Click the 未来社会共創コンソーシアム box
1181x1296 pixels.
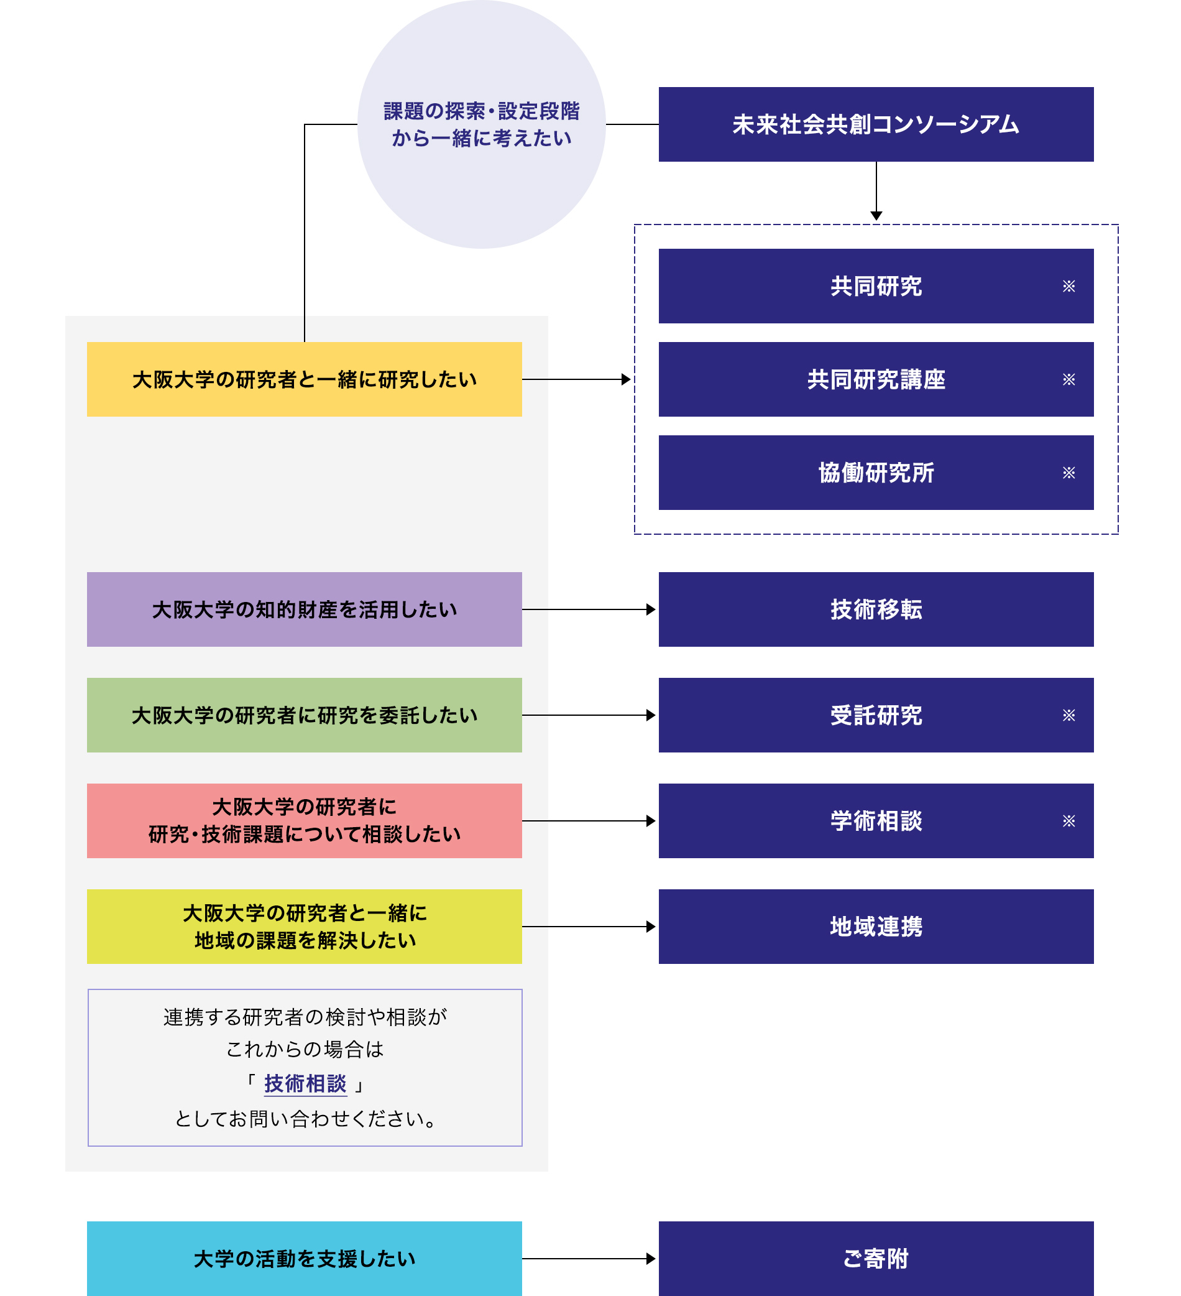click(875, 124)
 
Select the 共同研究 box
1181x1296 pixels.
click(875, 286)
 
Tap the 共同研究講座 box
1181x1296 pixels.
click(875, 379)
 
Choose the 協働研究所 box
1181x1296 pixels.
click(875, 473)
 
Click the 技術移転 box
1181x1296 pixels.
click(875, 609)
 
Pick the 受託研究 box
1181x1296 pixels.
click(875, 715)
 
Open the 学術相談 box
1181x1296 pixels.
click(875, 821)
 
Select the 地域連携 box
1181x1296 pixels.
click(875, 927)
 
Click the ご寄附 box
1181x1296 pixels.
click(875, 1258)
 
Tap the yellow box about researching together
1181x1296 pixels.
click(304, 379)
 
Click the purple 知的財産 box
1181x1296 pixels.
click(304, 609)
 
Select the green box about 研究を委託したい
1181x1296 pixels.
click(304, 715)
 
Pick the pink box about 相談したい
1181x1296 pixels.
click(304, 821)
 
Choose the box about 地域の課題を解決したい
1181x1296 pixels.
click(304, 927)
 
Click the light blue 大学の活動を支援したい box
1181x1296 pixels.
click(304, 1258)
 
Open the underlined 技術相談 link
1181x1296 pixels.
click(305, 1084)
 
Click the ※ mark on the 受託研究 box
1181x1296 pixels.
click(1068, 715)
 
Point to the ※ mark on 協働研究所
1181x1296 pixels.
click(1068, 473)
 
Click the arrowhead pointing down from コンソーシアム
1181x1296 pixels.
click(876, 216)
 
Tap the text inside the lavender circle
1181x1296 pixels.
click(481, 124)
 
